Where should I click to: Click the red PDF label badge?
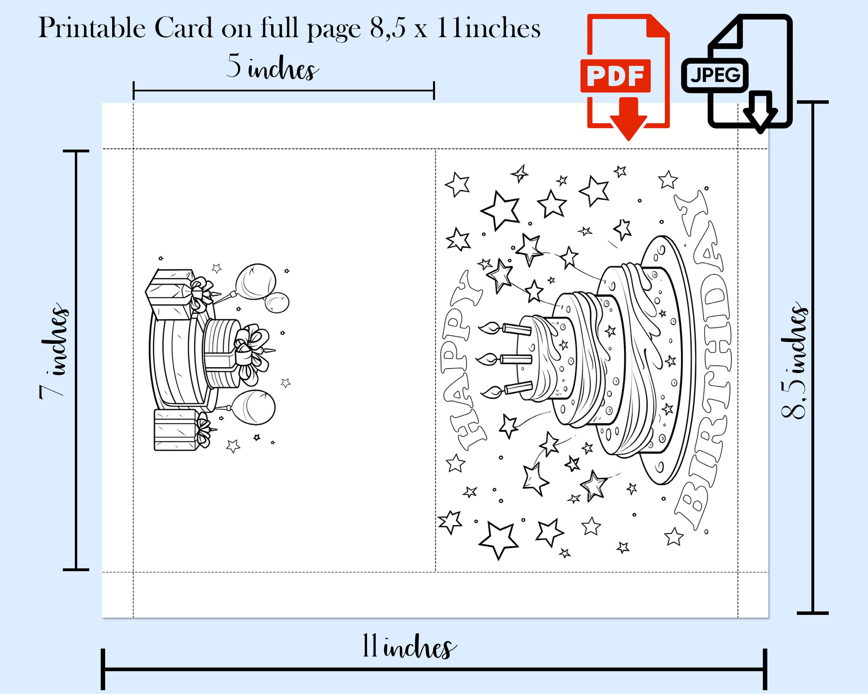click(x=615, y=76)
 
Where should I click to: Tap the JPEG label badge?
click(x=715, y=75)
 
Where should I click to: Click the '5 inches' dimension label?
click(x=273, y=67)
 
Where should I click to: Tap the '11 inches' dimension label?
click(x=409, y=646)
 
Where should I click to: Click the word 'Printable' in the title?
click(x=92, y=28)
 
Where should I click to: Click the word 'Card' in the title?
click(x=184, y=28)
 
